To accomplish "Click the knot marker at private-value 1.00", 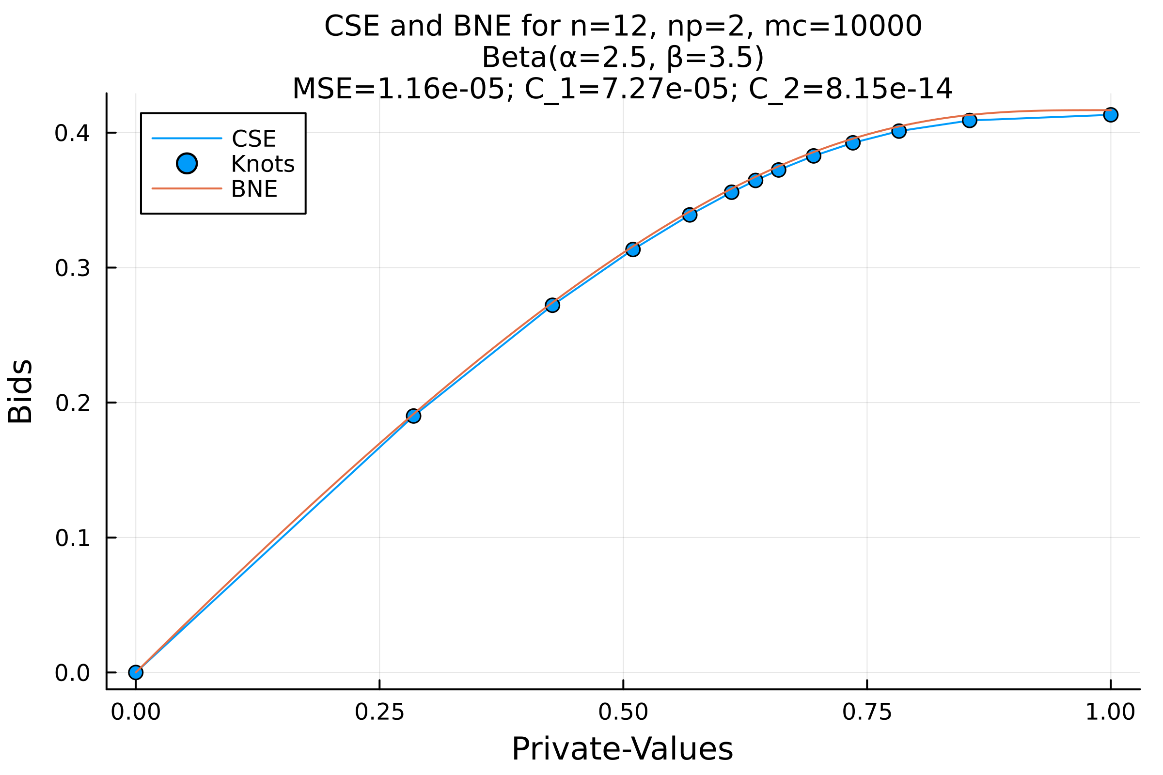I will tap(1111, 115).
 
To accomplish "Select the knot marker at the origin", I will tap(136, 672).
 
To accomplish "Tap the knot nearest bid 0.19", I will tap(413, 416).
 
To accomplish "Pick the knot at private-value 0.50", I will tap(632, 249).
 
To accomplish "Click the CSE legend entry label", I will tap(253, 139).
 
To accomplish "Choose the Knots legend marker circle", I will tap(187, 163).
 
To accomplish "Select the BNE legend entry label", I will tap(253, 189).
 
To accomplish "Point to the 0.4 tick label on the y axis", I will tap(72, 134).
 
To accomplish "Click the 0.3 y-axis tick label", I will tap(72, 268).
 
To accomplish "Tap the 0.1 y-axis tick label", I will tap(72, 538).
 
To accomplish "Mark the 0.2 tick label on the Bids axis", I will tap(72, 403).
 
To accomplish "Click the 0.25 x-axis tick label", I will tap(379, 712).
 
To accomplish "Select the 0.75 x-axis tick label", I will tap(867, 712).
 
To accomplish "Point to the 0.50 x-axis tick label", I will tap(623, 712).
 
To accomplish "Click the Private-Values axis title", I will tap(622, 749).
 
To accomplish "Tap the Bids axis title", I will tap(20, 391).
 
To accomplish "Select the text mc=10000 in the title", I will tap(843, 26).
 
